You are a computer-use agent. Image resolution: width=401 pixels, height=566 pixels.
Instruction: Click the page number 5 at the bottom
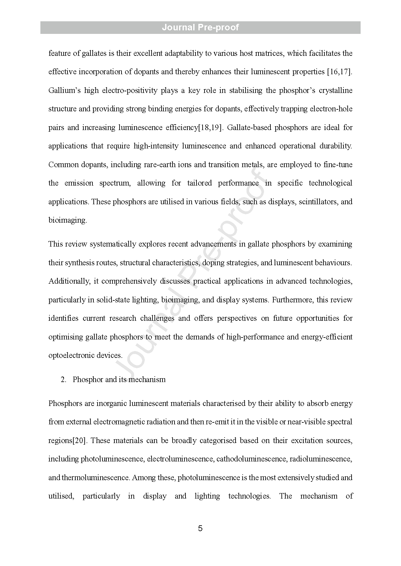coord(200,528)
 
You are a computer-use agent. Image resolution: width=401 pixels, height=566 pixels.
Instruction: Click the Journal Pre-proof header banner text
coord(200,27)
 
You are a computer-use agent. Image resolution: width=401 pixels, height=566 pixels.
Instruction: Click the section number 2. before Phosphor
coord(63,379)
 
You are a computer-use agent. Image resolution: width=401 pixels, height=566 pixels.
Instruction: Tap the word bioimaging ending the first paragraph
coord(67,220)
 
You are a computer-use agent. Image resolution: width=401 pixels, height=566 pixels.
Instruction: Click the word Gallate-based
coord(249,127)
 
